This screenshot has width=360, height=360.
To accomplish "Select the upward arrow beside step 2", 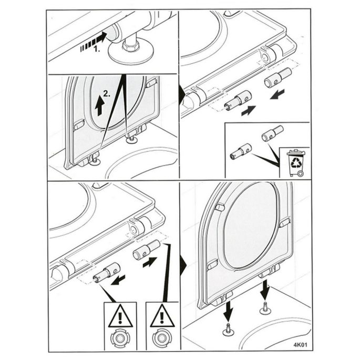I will [x=99, y=107].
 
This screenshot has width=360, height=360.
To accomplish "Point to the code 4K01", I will [x=300, y=346].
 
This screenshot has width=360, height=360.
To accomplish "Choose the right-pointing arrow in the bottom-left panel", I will [x=150, y=261].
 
